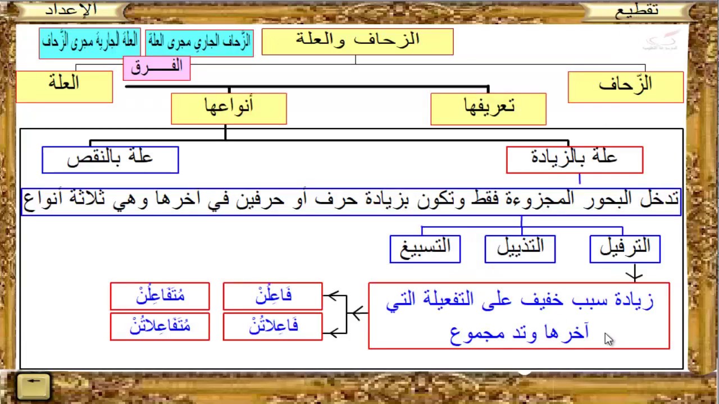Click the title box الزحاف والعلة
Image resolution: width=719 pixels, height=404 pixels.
point(357,42)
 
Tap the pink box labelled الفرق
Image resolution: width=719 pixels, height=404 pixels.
point(157,67)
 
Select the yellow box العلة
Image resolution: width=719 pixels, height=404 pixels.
point(64,86)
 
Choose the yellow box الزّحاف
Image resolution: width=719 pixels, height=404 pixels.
point(625,87)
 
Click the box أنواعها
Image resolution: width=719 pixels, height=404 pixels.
point(229,108)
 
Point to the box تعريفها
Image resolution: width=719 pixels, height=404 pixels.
point(488,108)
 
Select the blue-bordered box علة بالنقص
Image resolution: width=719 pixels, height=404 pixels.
point(110,160)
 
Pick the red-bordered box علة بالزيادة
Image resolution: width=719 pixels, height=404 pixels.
point(574,160)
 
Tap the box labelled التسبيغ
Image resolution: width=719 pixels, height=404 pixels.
point(425,249)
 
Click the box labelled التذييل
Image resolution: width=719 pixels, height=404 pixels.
point(520,249)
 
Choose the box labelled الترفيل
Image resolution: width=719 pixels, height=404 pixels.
point(625,249)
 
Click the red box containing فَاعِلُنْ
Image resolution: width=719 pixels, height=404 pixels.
point(273,296)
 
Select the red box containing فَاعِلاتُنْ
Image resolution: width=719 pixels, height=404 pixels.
point(273,327)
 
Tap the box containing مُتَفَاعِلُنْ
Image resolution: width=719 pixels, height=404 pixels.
point(160,296)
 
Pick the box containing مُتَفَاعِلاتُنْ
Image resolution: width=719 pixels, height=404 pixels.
point(160,327)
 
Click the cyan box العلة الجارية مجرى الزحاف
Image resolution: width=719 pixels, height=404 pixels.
point(90,43)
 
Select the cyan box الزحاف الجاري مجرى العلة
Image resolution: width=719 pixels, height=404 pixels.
point(199,43)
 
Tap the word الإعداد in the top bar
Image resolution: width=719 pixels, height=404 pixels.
point(71,10)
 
